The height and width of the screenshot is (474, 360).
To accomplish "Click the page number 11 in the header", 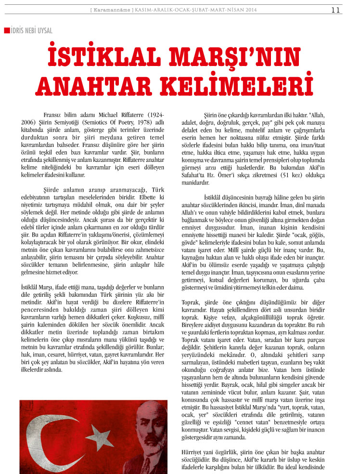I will [336, 9].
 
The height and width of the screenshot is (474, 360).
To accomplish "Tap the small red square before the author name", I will [6, 31].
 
